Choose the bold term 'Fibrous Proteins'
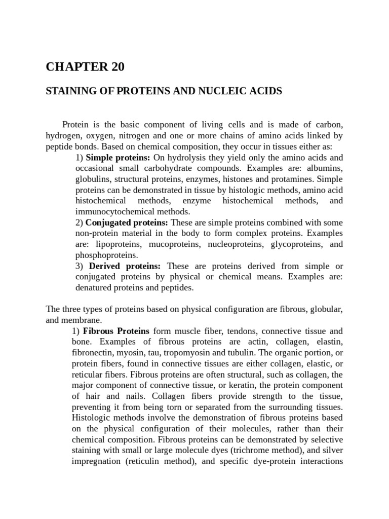click(113, 331)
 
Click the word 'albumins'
click(325, 168)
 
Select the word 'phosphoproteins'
click(106, 255)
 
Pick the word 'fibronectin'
click(98, 353)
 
